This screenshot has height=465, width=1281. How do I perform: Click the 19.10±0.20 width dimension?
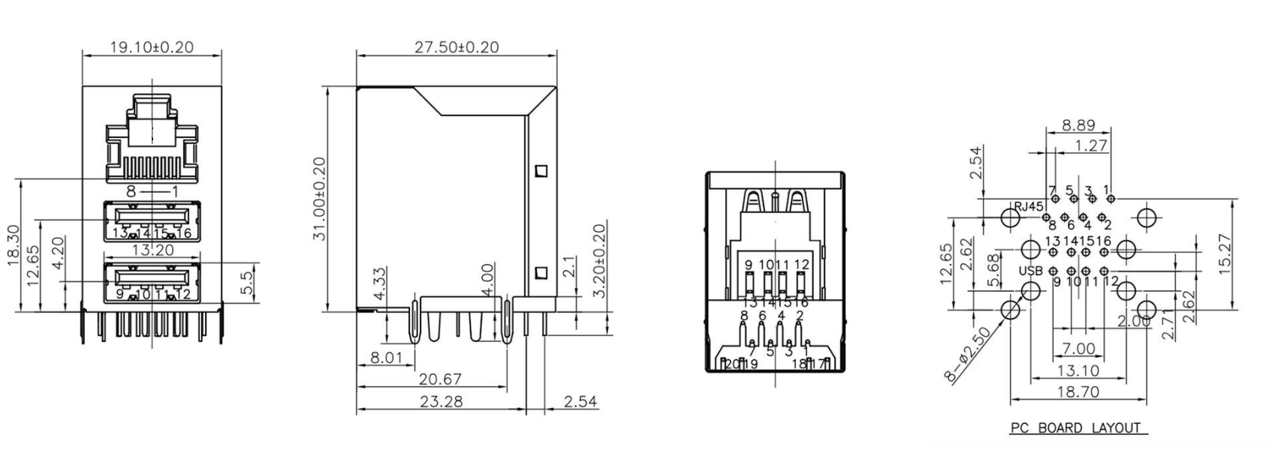152,46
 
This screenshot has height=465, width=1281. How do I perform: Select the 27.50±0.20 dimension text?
457,46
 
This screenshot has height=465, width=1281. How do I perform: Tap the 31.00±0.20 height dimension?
318,199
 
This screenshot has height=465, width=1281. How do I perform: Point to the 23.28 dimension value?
441,401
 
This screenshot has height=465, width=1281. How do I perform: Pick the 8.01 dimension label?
386,358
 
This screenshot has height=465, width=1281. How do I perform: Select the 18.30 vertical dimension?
13,244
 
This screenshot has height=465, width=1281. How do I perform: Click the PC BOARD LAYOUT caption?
1075,428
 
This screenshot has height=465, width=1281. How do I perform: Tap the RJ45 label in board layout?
1028,206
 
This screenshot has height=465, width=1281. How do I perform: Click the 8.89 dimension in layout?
1078,125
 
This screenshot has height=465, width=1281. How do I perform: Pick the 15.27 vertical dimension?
1226,253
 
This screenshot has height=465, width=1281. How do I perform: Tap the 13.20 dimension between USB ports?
153,250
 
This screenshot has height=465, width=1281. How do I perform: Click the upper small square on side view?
541,171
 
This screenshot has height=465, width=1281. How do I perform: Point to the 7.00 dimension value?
1078,349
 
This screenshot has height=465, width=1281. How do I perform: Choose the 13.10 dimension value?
1078,370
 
